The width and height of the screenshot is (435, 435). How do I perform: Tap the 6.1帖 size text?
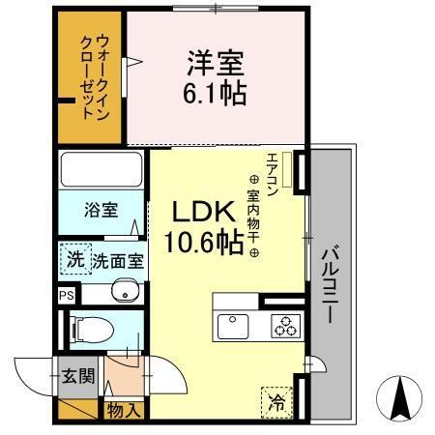(x=216, y=94)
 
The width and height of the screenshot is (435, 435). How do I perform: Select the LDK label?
(x=200, y=212)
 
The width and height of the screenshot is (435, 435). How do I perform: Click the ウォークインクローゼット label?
(x=95, y=75)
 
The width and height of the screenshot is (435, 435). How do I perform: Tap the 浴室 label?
(x=100, y=209)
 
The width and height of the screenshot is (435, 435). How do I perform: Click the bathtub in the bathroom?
(x=101, y=170)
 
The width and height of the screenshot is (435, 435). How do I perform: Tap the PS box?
(x=66, y=296)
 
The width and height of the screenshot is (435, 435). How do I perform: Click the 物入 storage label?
(x=124, y=410)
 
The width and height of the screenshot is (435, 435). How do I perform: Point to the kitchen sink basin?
(x=233, y=325)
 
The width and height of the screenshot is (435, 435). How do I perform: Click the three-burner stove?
(x=282, y=326)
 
